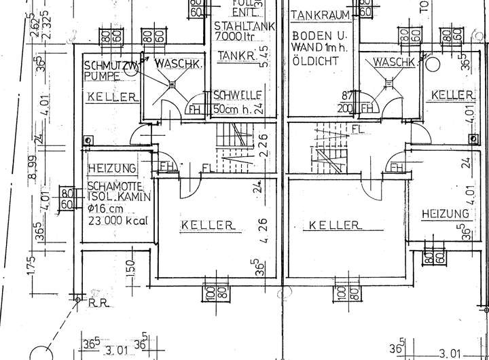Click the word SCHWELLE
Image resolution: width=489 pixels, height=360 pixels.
click(x=234, y=95)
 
